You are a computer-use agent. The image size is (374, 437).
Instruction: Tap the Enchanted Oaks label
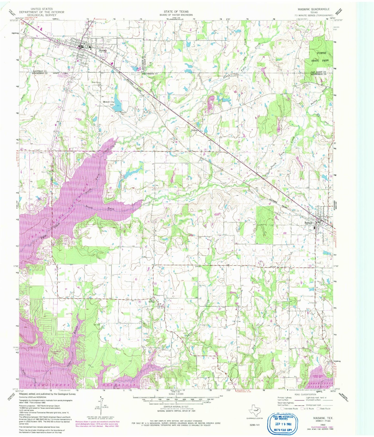(x=55, y=353)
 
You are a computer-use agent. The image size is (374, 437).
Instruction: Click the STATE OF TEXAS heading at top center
(x=176, y=12)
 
